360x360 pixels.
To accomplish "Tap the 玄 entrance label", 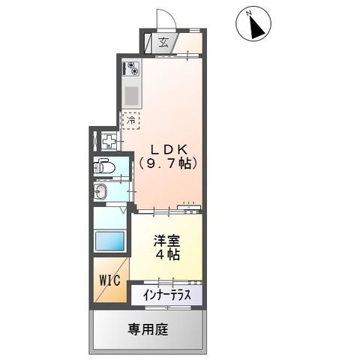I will click(x=163, y=43).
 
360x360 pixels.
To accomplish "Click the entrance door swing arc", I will click(x=164, y=18).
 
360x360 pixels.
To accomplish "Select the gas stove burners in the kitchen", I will click(x=132, y=68).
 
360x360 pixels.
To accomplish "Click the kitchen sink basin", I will click(x=132, y=96).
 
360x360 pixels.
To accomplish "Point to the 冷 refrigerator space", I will click(x=131, y=120).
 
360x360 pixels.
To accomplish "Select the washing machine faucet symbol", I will click(x=109, y=140).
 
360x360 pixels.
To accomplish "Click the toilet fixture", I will click(x=105, y=168).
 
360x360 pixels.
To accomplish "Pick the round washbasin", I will click(x=103, y=193).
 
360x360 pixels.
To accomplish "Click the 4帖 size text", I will click(x=166, y=255).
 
